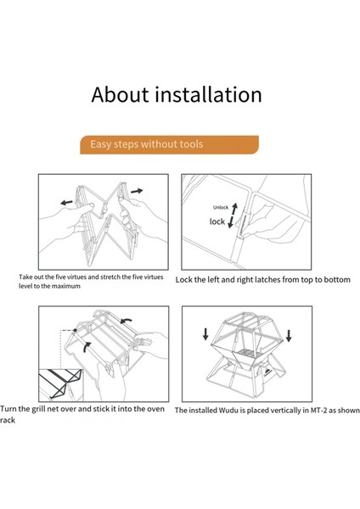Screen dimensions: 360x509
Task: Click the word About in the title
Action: click(x=120, y=94)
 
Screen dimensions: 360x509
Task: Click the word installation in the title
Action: click(x=208, y=94)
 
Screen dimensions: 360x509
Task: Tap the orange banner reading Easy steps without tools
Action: click(x=169, y=144)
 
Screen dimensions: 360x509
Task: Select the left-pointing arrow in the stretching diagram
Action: click(x=66, y=203)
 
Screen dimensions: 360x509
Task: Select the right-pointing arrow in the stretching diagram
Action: click(x=137, y=191)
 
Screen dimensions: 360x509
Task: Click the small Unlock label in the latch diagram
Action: click(x=221, y=208)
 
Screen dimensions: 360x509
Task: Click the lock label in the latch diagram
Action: click(x=217, y=221)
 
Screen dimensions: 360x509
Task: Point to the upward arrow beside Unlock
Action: click(x=234, y=209)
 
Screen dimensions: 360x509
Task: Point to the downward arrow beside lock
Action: click(x=231, y=222)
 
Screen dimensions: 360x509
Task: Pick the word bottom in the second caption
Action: click(x=337, y=279)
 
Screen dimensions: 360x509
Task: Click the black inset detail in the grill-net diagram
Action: click(x=61, y=384)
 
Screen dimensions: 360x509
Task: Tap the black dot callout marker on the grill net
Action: click(x=75, y=330)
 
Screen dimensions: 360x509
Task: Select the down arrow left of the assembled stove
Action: click(x=205, y=334)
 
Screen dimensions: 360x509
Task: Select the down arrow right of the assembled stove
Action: click(x=289, y=336)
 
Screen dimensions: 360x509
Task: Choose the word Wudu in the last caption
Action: click(x=228, y=411)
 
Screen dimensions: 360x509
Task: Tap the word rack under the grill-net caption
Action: click(x=8, y=421)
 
